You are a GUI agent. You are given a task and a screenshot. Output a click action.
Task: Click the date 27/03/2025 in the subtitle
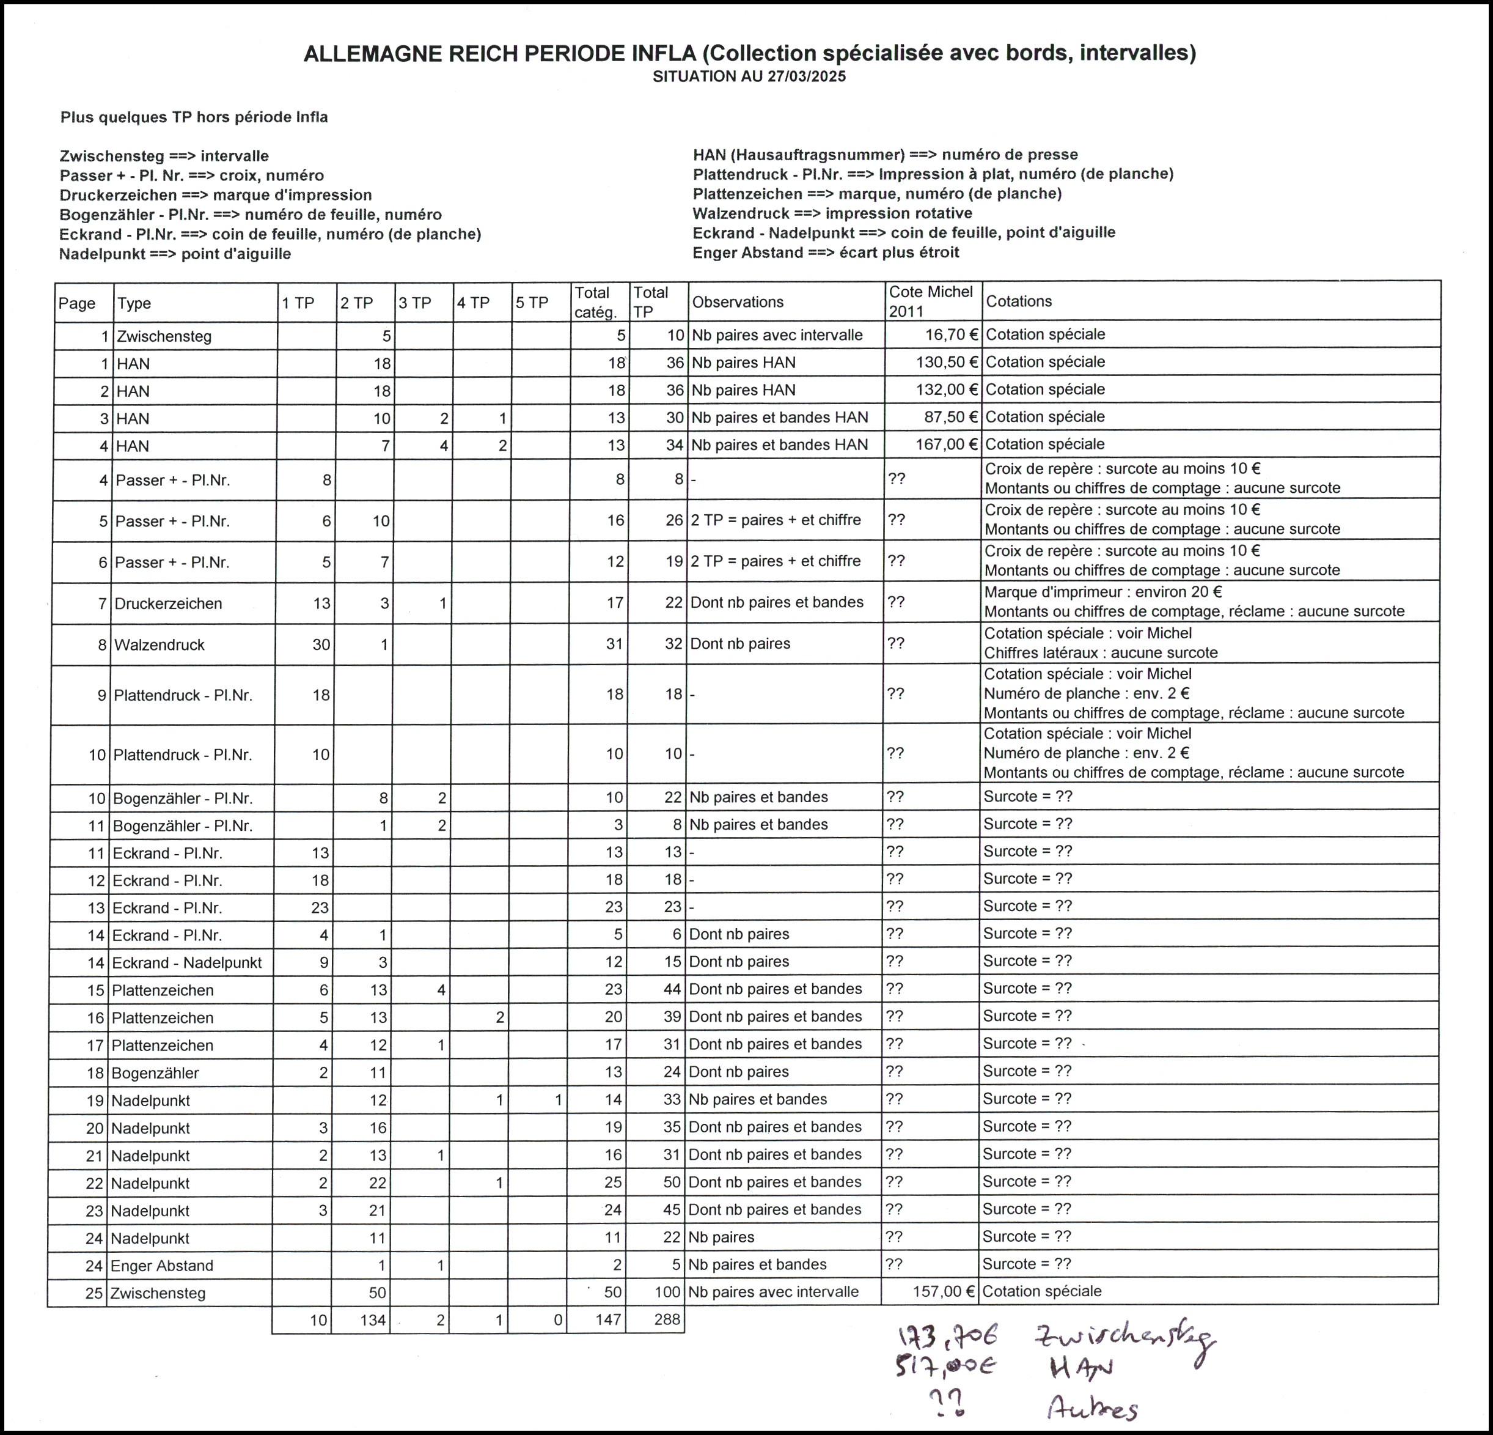click(806, 76)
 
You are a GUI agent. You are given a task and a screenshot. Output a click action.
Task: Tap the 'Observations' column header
click(738, 302)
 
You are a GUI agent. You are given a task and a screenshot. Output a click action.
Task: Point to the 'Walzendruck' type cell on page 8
click(160, 644)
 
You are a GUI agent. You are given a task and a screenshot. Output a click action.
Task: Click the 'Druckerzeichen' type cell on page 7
click(168, 603)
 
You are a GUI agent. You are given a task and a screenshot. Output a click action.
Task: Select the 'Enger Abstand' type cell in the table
click(161, 1266)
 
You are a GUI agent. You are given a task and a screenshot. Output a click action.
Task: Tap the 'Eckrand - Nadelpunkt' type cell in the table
click(186, 962)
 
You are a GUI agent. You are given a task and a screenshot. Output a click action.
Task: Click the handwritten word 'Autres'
click(1091, 1409)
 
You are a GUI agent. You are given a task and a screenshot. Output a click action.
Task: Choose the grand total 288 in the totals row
click(667, 1320)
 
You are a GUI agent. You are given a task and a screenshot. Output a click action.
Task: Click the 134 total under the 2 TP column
click(373, 1320)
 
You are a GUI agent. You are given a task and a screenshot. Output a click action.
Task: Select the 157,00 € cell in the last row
click(943, 1292)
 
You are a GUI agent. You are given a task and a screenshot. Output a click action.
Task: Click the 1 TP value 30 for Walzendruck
click(321, 644)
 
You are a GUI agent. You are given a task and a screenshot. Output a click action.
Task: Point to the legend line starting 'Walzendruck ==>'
click(832, 213)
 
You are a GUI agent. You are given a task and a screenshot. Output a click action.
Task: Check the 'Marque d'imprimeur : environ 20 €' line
click(1103, 592)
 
